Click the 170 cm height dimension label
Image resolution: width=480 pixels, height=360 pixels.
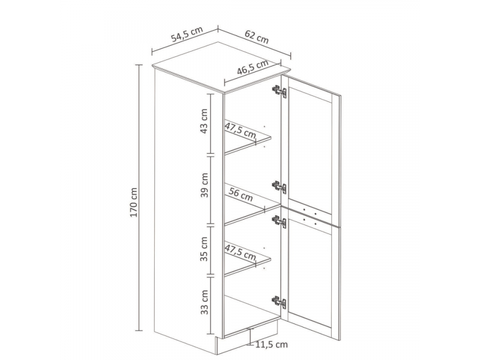click(133, 202)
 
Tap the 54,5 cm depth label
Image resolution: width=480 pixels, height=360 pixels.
click(187, 34)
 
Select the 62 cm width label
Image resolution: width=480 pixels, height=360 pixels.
click(257, 37)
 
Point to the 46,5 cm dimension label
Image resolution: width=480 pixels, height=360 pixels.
click(253, 67)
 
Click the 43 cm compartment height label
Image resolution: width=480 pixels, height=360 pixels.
click(204, 121)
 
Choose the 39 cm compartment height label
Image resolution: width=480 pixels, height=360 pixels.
click(204, 185)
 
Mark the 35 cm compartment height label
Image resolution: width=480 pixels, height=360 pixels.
click(204, 249)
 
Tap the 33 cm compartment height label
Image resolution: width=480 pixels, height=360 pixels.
click(204, 302)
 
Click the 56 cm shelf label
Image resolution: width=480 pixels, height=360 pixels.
click(241, 194)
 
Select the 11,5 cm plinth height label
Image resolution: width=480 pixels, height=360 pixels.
click(272, 344)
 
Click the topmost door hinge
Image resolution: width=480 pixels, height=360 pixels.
click(279, 91)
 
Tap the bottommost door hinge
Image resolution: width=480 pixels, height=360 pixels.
click(279, 302)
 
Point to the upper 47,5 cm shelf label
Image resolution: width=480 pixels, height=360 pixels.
click(241, 130)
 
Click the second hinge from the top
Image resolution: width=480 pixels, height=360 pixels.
click(279, 187)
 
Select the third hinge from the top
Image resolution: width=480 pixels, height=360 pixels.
click(279, 221)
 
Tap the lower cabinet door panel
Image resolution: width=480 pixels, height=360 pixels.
click(311, 272)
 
